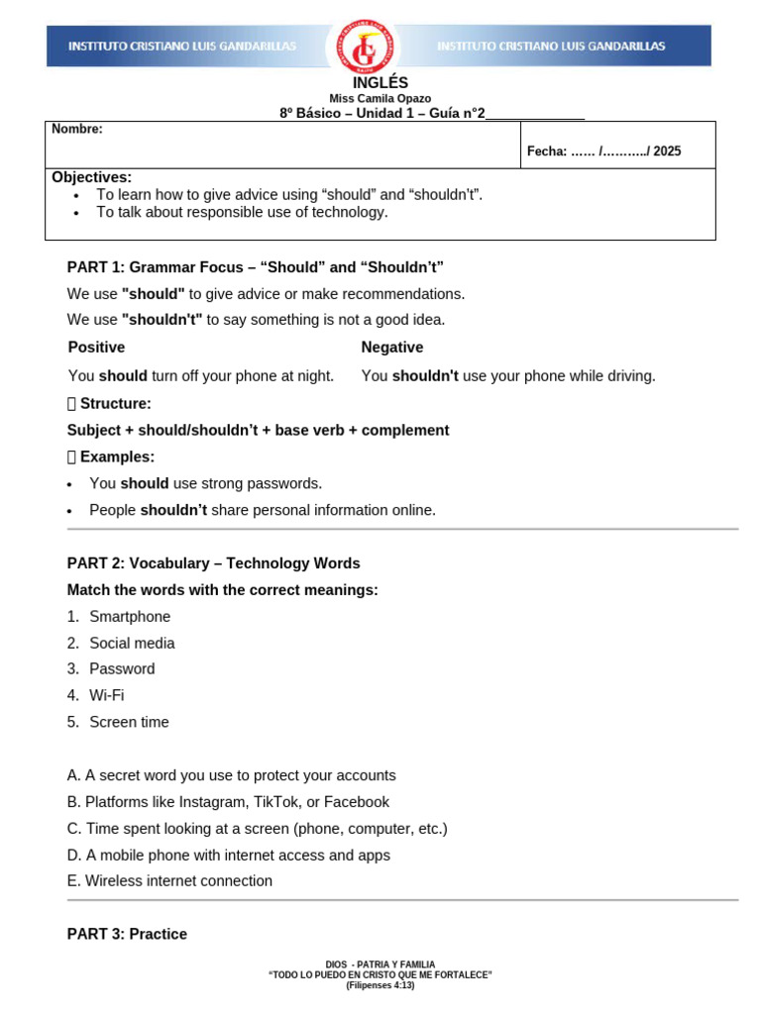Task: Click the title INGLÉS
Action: [x=380, y=83]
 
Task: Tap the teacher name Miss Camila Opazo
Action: [x=380, y=99]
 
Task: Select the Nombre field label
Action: [x=77, y=129]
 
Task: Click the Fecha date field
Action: [x=603, y=152]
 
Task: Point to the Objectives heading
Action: [x=91, y=176]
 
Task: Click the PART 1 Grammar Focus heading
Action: [x=255, y=267]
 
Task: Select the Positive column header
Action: [x=96, y=348]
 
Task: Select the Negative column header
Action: [x=391, y=348]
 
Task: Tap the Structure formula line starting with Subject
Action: [x=258, y=431]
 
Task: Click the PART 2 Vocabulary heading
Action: [x=213, y=563]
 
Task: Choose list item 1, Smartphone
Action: [x=129, y=617]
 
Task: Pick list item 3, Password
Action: [x=122, y=669]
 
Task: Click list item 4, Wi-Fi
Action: [x=106, y=696]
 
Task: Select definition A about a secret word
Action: [x=231, y=776]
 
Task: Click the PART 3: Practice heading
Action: [x=127, y=935]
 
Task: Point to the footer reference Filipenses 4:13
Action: [x=380, y=985]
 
